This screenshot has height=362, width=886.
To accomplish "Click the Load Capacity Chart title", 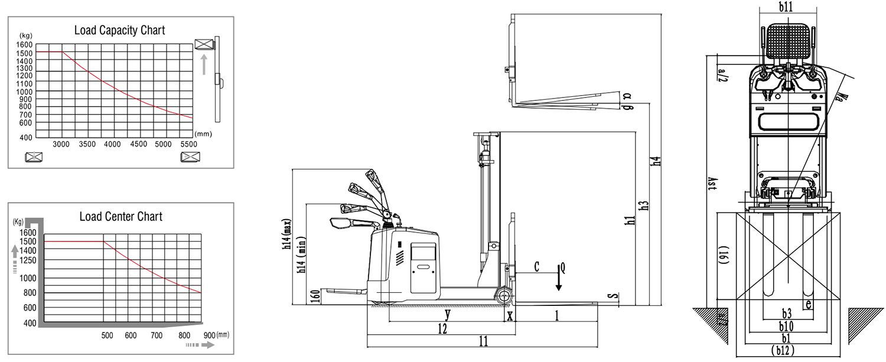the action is click(x=119, y=30).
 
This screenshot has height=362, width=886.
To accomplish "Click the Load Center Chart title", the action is click(x=120, y=216).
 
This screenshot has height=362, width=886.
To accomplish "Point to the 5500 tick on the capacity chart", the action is click(x=188, y=145).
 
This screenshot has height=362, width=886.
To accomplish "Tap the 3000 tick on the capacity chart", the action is click(x=61, y=145).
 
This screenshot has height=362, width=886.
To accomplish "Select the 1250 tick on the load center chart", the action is click(x=28, y=260).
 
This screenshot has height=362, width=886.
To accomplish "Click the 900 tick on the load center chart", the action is click(x=209, y=335).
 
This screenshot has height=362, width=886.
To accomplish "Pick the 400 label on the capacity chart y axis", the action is click(x=26, y=138).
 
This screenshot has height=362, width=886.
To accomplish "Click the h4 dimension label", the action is click(x=656, y=161).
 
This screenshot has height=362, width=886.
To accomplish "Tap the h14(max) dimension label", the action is click(x=287, y=234).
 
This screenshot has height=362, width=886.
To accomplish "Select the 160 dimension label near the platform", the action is click(x=315, y=296).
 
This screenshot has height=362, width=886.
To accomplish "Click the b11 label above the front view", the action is click(x=786, y=6).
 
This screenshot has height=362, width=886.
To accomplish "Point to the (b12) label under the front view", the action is click(x=783, y=351).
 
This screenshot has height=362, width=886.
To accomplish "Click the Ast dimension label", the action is click(x=712, y=184).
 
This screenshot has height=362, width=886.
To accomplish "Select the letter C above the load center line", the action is click(x=536, y=267).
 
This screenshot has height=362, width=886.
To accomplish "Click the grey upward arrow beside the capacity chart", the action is click(x=204, y=64).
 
